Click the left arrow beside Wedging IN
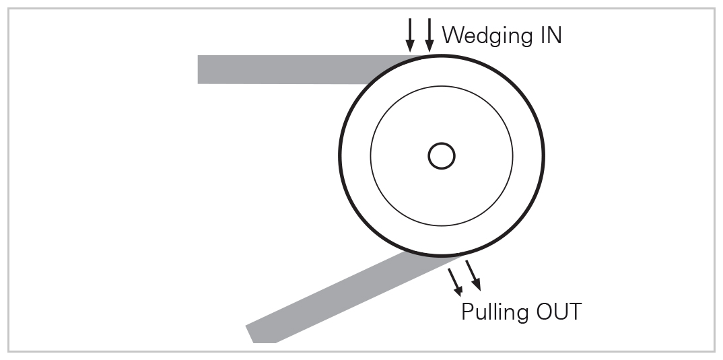tap(410, 36)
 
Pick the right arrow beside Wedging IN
tap(429, 36)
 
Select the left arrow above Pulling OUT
tap(454, 282)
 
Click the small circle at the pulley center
tap(442, 156)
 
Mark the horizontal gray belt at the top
tap(283, 69)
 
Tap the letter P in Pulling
tap(467, 312)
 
